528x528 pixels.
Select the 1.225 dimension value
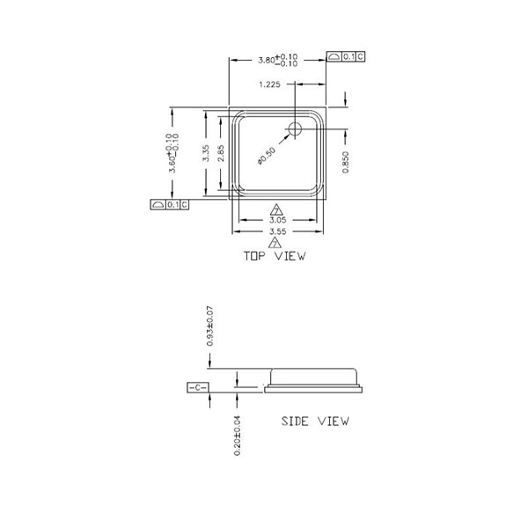(x=272, y=84)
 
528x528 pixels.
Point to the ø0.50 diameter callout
(x=267, y=153)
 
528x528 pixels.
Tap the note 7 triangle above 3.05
(x=276, y=209)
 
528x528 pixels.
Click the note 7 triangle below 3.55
(x=276, y=242)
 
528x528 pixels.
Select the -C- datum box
(x=196, y=387)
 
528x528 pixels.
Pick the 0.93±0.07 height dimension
(x=209, y=326)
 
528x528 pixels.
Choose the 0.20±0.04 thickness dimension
(x=238, y=434)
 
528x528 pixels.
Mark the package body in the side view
(x=315, y=380)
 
